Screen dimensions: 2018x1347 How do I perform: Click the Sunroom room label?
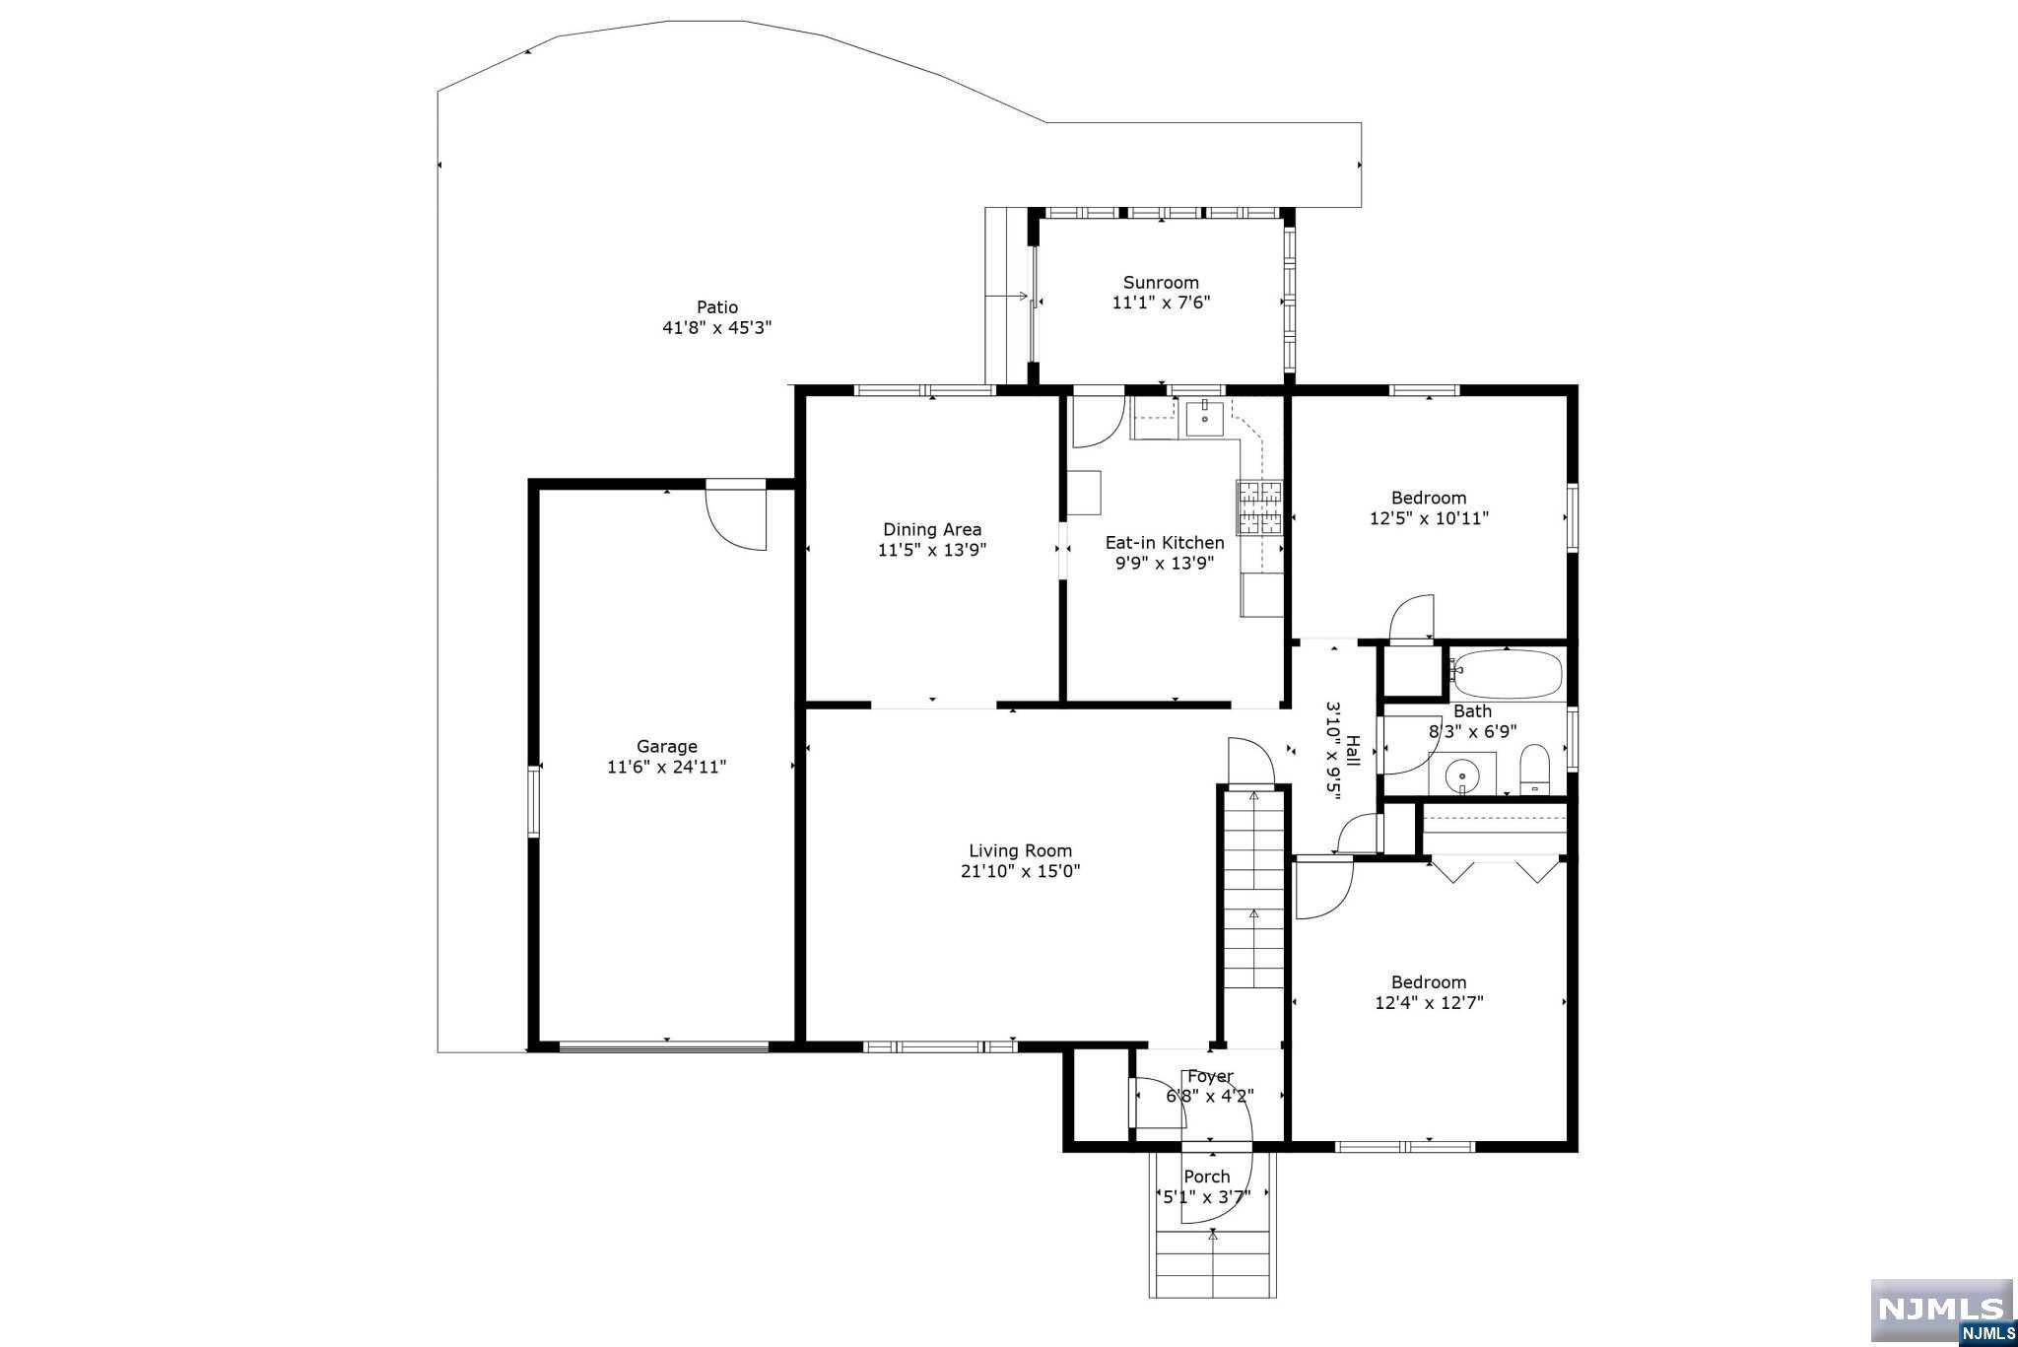pos(1161,283)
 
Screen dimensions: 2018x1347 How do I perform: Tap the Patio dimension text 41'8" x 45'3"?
pos(716,328)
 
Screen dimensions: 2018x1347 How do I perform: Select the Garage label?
pos(667,747)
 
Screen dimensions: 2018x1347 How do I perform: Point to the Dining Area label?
pos(932,529)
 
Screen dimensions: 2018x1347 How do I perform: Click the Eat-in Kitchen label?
pos(1165,543)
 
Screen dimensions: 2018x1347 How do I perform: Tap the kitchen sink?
pos(1204,418)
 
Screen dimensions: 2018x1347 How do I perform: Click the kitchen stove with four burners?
pos(1259,507)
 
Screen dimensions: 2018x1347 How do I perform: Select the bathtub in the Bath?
pos(1508,674)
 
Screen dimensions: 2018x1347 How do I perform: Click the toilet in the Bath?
pos(1535,771)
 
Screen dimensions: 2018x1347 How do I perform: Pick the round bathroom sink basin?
pos(1462,776)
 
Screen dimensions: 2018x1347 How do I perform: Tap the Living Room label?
pos(1020,850)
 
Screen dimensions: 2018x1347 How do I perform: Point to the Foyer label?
pos(1210,1076)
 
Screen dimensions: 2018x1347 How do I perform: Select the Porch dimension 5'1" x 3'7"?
pos(1207,1196)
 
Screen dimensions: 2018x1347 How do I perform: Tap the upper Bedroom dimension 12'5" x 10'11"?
pos(1429,518)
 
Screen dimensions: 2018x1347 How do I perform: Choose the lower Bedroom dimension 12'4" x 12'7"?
pos(1429,1003)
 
